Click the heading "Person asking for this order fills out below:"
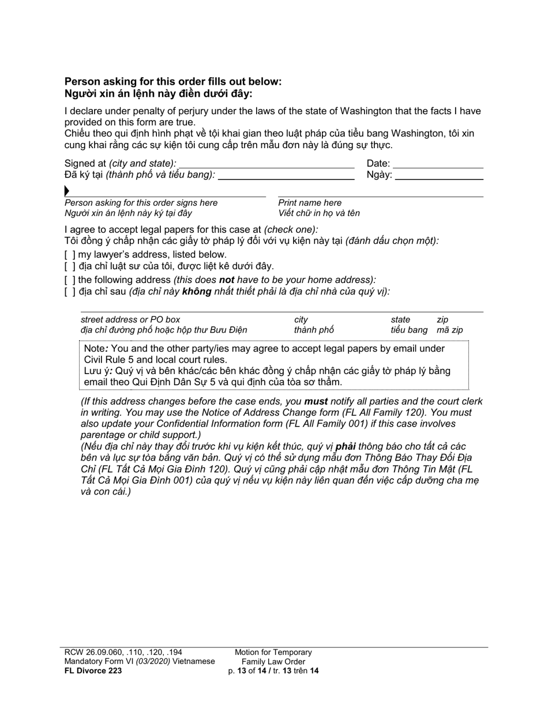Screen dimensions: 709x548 [173, 82]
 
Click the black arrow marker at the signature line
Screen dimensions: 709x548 [67, 191]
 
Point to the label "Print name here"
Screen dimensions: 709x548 [310, 203]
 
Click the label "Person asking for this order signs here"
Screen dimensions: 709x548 [141, 203]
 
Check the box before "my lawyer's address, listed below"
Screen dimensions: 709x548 [70, 255]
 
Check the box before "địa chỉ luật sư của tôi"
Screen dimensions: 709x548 [70, 266]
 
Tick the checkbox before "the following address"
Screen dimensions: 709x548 [70, 280]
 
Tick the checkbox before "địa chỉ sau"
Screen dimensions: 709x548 [70, 292]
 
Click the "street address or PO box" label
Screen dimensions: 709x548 [130, 319]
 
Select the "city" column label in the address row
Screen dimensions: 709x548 [301, 319]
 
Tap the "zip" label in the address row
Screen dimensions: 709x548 [442, 319]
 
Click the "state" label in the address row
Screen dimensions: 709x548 [400, 319]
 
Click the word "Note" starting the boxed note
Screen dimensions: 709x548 [95, 349]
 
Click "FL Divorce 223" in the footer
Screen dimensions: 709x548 [93, 670]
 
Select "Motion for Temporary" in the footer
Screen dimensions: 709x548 [273, 653]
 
